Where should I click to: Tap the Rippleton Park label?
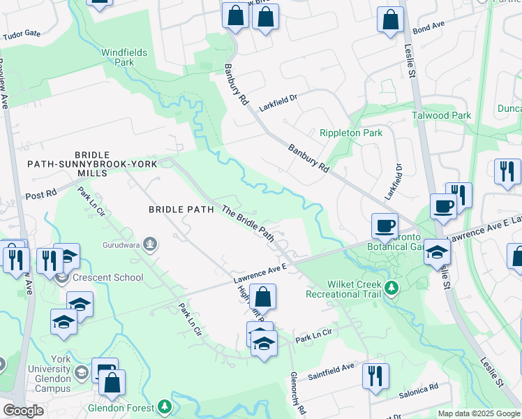351,133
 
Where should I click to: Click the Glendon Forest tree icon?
164,406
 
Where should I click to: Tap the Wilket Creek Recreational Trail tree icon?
391,288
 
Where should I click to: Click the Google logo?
24,411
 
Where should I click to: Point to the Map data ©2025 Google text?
478,413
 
